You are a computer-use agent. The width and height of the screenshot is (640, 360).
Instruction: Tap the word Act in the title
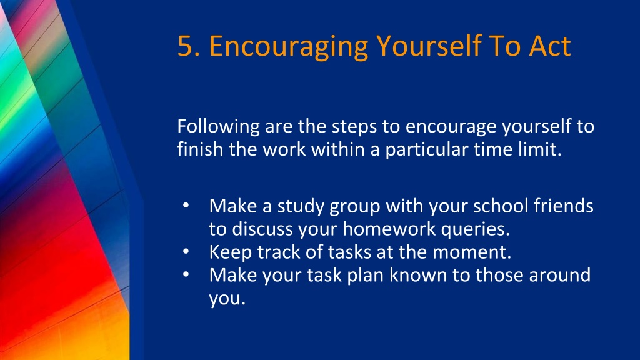click(550, 45)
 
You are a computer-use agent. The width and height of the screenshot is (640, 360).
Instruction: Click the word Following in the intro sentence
click(218, 126)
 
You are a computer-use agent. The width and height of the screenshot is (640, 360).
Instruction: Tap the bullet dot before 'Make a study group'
click(186, 205)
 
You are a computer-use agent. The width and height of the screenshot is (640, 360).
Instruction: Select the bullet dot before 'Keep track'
click(186, 251)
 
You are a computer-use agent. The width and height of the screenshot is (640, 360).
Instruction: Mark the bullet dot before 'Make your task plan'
click(186, 274)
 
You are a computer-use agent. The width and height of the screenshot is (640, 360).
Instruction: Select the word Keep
click(231, 252)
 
